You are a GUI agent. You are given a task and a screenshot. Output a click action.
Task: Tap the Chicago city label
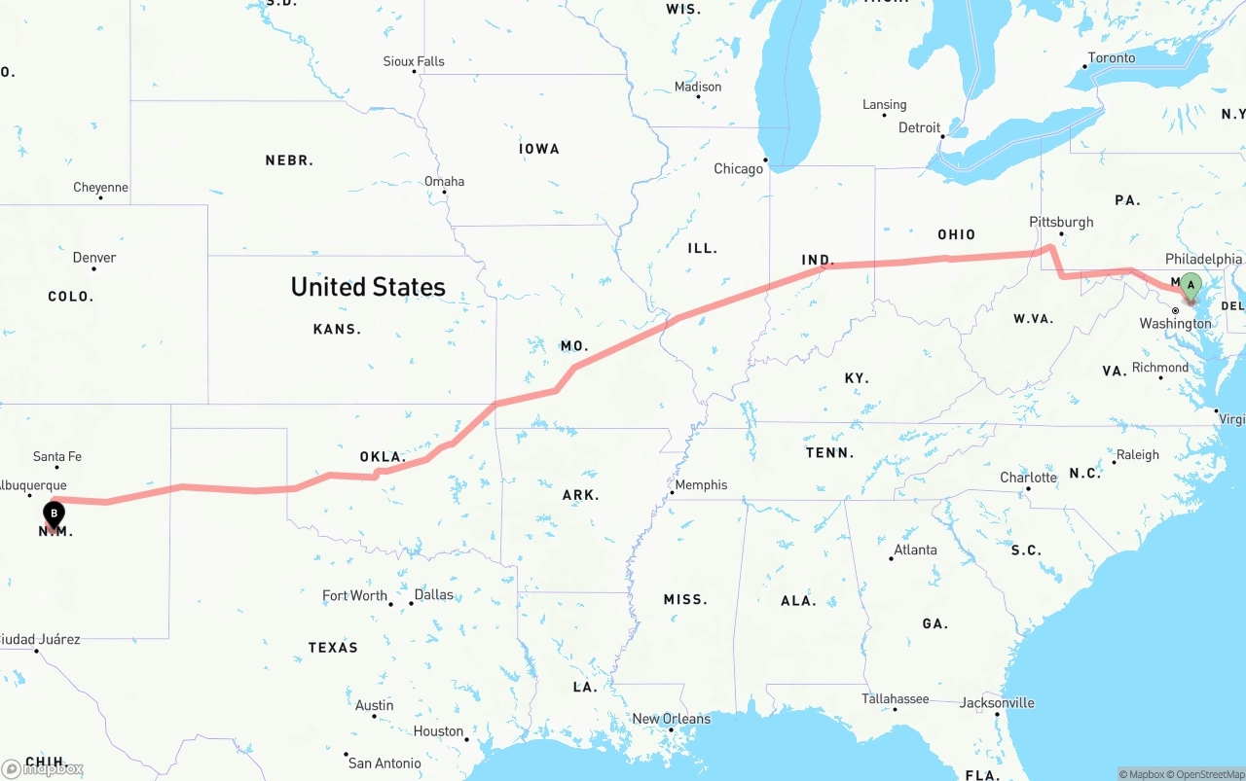pyautogui.click(x=739, y=169)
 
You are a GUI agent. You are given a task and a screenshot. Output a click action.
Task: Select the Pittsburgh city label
pyautogui.click(x=1061, y=222)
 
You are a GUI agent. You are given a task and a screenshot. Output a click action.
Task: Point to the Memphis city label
pyautogui.click(x=701, y=484)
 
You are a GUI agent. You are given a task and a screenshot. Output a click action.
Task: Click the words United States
pyautogui.click(x=368, y=287)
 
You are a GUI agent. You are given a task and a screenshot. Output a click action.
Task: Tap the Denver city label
pyautogui.click(x=94, y=258)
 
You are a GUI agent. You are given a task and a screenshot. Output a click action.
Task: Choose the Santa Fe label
pyautogui.click(x=57, y=456)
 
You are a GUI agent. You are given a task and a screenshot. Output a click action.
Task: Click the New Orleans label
pyautogui.click(x=672, y=719)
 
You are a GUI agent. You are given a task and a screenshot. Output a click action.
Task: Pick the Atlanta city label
pyautogui.click(x=915, y=550)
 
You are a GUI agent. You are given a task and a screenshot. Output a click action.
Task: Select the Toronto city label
pyautogui.click(x=1112, y=58)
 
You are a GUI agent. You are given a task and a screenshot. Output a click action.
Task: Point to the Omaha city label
pyautogui.click(x=444, y=181)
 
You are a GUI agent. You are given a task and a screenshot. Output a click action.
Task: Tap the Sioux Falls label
pyautogui.click(x=414, y=61)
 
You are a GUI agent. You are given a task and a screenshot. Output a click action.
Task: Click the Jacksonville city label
pyautogui.click(x=997, y=702)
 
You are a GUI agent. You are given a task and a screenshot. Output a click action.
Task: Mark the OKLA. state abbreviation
pyautogui.click(x=383, y=456)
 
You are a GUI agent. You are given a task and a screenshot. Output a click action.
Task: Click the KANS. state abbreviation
pyautogui.click(x=337, y=330)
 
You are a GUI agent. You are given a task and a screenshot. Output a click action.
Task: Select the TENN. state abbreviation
pyautogui.click(x=829, y=452)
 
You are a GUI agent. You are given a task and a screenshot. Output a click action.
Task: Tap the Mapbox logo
pyautogui.click(x=43, y=769)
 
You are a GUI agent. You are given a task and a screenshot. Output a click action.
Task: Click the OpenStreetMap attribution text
pyautogui.click(x=1209, y=774)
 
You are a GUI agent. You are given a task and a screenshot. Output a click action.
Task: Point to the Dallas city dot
pyautogui.click(x=412, y=604)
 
